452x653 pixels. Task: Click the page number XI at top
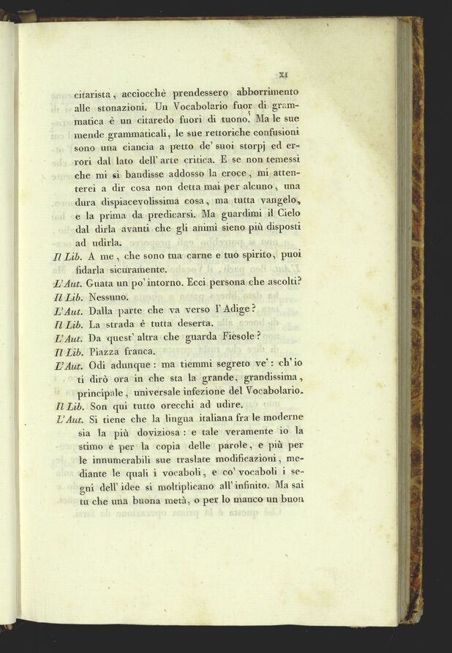click(285, 73)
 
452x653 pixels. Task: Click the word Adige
click(229, 310)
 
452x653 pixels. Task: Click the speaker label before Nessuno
click(67, 297)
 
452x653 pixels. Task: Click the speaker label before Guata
click(67, 283)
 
